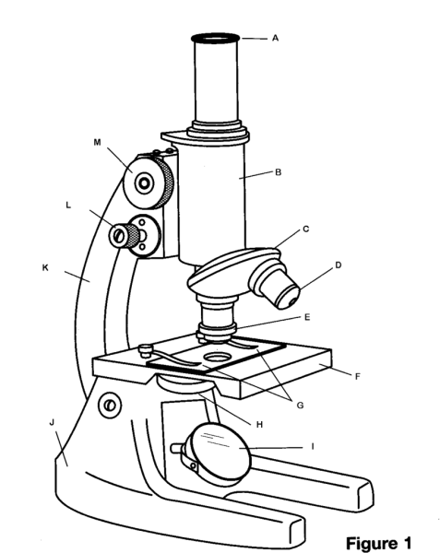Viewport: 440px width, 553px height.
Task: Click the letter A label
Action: coord(275,38)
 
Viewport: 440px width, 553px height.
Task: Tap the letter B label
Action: coord(278,172)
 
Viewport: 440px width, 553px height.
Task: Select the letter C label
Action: coord(306,229)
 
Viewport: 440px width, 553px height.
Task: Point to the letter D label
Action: coord(338,265)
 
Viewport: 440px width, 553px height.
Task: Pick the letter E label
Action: coord(307,317)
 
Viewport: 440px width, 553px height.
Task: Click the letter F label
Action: coord(357,377)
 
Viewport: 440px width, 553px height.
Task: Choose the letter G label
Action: coord(300,406)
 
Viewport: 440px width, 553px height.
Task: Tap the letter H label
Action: coord(259,425)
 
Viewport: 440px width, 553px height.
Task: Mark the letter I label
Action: coord(313,447)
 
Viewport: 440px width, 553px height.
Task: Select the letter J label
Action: coord(52,422)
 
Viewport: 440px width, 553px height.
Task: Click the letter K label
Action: coord(45,268)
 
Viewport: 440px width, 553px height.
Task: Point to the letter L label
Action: coord(68,205)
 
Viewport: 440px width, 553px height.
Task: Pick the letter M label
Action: coord(98,142)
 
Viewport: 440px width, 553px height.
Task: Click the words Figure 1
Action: coord(378,543)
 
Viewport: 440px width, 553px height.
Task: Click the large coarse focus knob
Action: coord(149,183)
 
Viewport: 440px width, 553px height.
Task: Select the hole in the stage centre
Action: coord(217,358)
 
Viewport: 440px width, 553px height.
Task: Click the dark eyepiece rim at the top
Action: coord(215,38)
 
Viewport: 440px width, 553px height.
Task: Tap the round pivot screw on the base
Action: coord(110,405)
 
